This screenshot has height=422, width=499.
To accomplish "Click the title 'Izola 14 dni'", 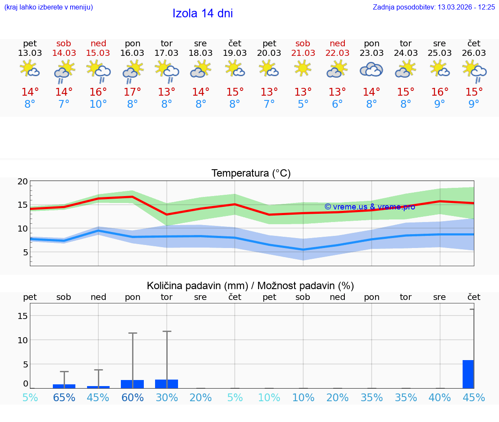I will coord(203,13).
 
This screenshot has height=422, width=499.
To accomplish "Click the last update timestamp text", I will coord(434,7).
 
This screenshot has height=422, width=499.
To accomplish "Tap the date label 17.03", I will coord(167,53).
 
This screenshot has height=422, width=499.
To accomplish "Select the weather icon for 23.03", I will coord(372,70).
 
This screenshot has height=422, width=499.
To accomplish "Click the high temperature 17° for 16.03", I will coord(133,92).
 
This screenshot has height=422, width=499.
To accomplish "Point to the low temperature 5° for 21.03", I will coord(303,104).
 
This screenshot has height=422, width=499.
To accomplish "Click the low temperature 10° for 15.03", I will coord(98,104).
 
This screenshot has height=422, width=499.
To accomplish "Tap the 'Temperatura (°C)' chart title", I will coord(251,174).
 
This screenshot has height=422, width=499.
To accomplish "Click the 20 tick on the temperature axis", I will coord(23,182).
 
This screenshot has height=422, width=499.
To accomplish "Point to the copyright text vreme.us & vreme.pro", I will coord(369,207).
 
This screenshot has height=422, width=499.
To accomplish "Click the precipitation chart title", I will coord(250,286).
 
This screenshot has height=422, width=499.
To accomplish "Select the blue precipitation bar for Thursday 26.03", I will coord(468,374).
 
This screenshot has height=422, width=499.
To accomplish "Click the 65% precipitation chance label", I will coord(64,397).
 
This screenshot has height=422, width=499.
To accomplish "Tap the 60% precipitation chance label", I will coord(133,397).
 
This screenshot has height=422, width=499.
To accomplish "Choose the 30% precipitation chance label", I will coord(167,397).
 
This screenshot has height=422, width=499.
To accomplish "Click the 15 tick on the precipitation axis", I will coord(23,316).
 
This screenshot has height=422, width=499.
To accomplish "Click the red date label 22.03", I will coord(337,53).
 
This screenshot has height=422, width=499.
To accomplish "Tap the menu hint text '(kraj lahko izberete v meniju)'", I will coord(49,7).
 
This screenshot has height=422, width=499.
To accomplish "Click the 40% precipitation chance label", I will coord(440,397).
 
